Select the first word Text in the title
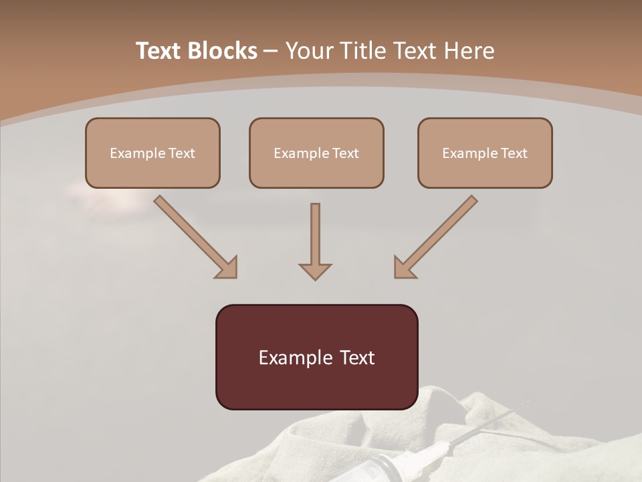point(161,51)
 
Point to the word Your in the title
point(309,51)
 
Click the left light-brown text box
point(152,153)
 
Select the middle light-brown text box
point(316,153)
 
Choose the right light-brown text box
point(485,153)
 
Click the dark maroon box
point(316,357)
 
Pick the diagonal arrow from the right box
point(436,236)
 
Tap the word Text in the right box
point(514,153)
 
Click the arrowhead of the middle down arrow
point(315,270)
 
